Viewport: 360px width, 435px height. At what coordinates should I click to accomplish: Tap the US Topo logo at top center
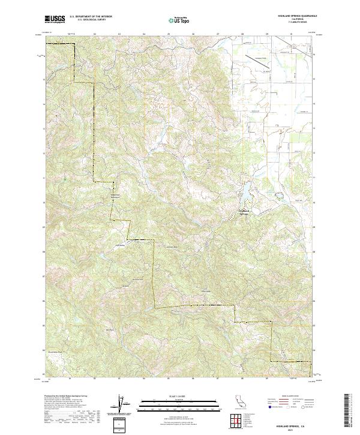point(179,20)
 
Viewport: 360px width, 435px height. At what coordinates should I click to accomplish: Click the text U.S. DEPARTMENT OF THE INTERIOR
point(91,17)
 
